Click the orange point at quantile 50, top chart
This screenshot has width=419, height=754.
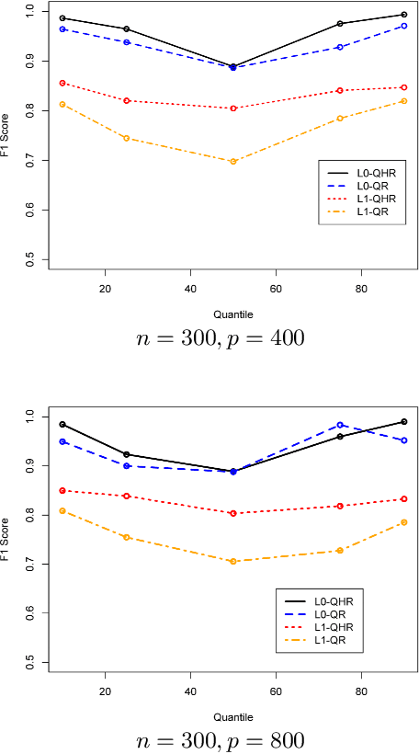point(232,161)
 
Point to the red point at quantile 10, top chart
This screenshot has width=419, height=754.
point(62,83)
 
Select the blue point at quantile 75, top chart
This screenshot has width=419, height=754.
point(365,47)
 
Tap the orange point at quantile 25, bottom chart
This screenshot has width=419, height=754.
point(126,537)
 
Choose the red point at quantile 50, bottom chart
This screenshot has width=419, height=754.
point(232,513)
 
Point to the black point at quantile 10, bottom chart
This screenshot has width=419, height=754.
point(62,424)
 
